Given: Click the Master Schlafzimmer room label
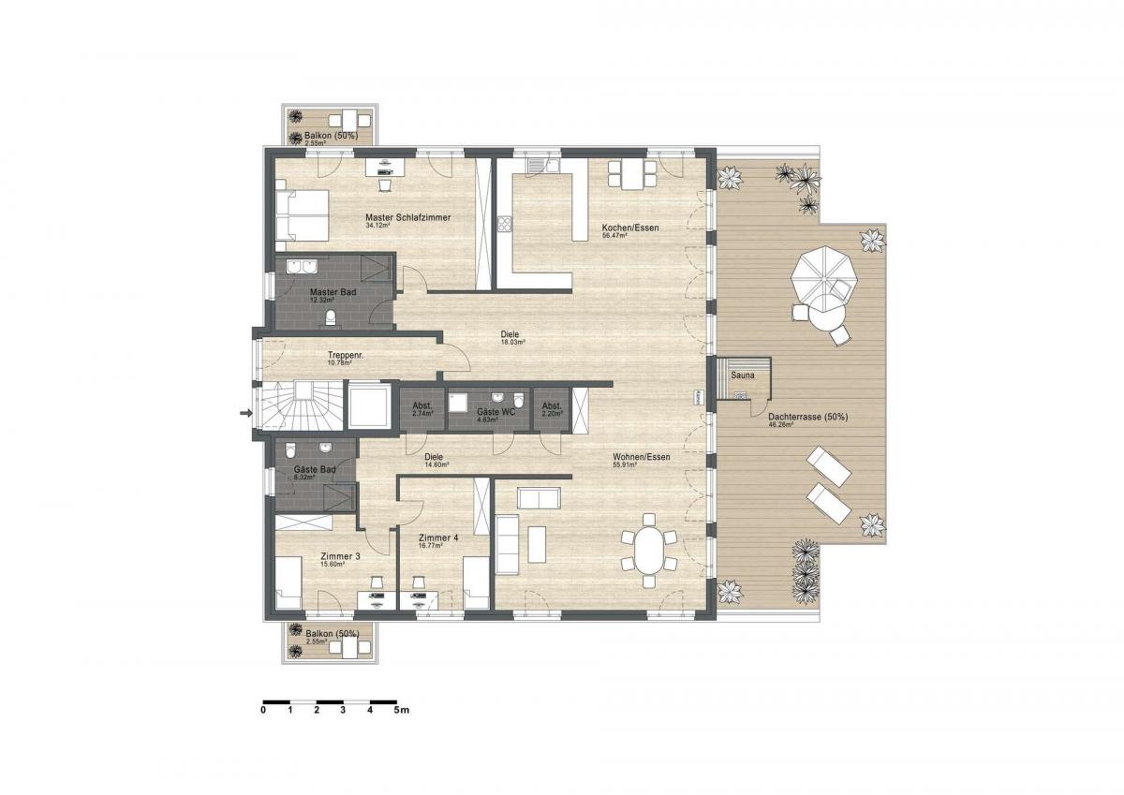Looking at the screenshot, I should (407, 217).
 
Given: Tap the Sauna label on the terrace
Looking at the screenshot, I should (742, 375).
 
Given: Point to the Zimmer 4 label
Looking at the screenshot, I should (438, 537).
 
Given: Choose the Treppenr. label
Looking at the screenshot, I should (346, 355).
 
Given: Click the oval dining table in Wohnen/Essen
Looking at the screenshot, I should (648, 553).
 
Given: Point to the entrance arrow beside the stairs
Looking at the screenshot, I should (246, 412).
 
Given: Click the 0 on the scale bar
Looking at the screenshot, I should (264, 710).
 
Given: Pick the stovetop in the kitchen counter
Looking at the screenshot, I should (504, 223).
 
